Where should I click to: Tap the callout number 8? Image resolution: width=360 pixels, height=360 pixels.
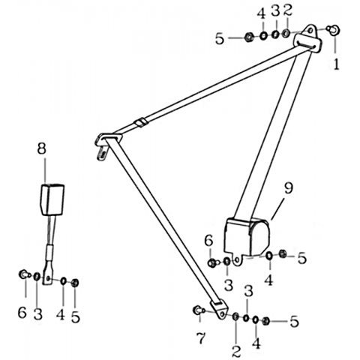[x=41, y=148]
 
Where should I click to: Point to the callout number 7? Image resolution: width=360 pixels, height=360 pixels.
[x=201, y=338]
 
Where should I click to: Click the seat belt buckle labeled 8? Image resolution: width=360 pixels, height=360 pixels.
[x=52, y=199]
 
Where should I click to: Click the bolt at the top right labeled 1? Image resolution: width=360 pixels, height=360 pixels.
[x=334, y=29]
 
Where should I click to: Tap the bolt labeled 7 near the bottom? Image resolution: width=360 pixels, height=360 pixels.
[x=199, y=310]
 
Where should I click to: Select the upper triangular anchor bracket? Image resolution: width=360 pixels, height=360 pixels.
[x=308, y=38]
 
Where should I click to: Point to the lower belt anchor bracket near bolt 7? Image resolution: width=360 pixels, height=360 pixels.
[x=219, y=309]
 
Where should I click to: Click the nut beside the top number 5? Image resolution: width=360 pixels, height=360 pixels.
[x=249, y=37]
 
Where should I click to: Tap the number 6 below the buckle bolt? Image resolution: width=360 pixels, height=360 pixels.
[x=22, y=313]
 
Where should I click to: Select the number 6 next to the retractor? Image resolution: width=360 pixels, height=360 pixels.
[x=208, y=241]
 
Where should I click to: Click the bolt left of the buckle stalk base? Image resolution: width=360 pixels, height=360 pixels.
[x=24, y=274]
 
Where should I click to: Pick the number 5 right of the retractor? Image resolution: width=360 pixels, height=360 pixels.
[x=302, y=257]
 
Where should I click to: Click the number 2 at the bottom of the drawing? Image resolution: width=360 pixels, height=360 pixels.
[x=236, y=351]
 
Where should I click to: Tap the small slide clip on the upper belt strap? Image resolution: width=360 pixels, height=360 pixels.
[x=141, y=123]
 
